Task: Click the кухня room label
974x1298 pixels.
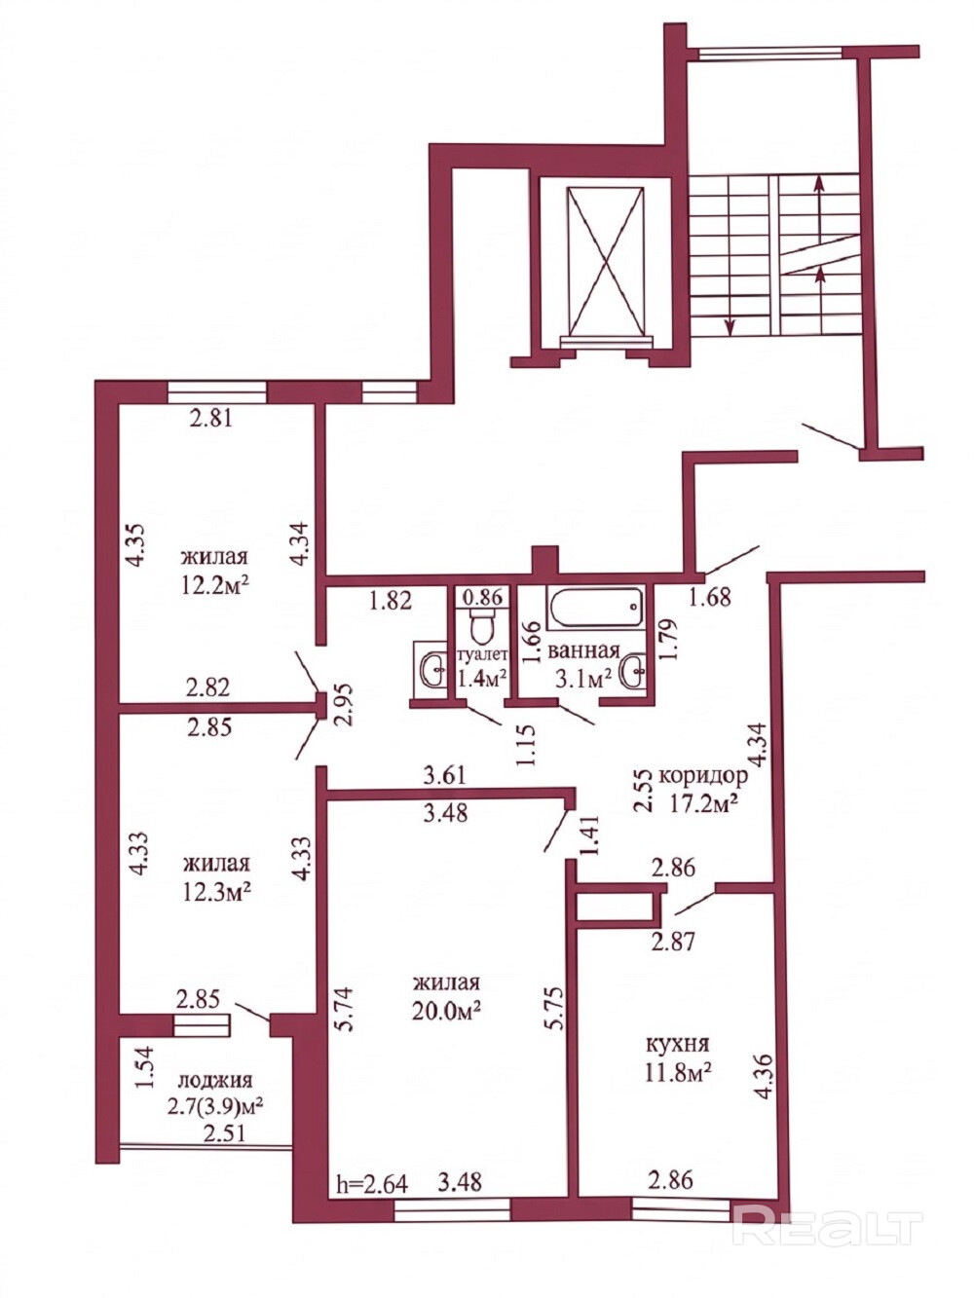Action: [x=677, y=1044]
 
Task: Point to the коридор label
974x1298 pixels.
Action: [x=703, y=775]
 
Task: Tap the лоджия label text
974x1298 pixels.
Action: [x=215, y=1081]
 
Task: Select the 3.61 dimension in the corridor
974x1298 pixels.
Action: [x=443, y=775]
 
